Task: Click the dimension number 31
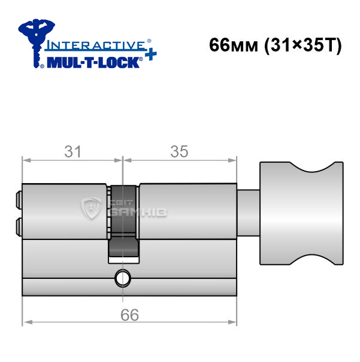tap(72, 152)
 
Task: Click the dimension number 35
tap(179, 152)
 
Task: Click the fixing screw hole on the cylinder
tap(123, 278)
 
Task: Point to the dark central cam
tap(123, 221)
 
